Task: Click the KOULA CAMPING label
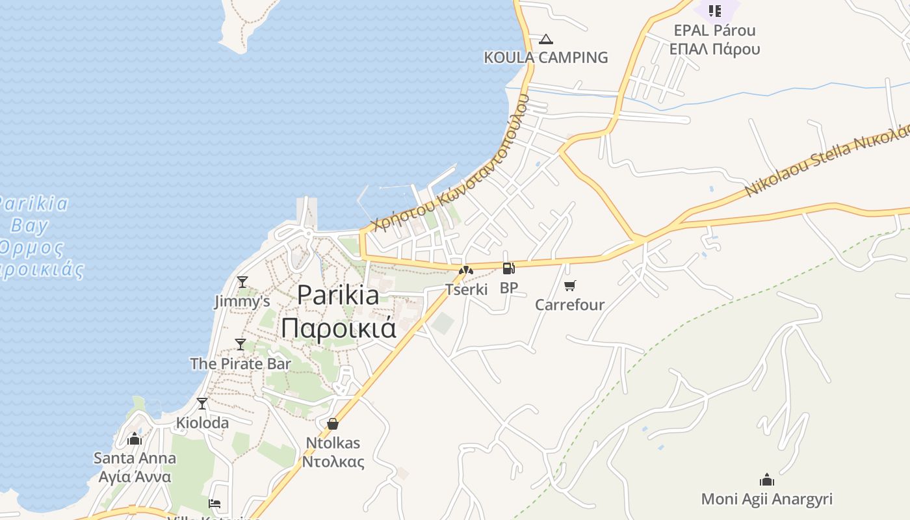(x=545, y=57)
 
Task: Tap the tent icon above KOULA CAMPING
(x=545, y=40)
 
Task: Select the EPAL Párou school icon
(x=715, y=10)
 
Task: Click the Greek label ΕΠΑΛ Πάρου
(x=714, y=49)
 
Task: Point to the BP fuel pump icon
(x=508, y=268)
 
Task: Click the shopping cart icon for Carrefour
(x=570, y=285)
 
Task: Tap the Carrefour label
(x=569, y=304)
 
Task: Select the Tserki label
(x=466, y=289)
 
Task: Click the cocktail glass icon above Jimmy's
(x=242, y=282)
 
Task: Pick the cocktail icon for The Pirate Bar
(x=240, y=344)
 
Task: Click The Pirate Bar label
(x=240, y=363)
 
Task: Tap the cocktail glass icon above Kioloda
(x=202, y=404)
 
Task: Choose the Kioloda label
(x=202, y=422)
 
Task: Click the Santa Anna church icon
(x=135, y=439)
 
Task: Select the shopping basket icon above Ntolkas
(x=333, y=424)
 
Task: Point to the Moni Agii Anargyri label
(x=766, y=499)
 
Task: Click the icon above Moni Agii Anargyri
(x=767, y=480)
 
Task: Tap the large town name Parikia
(x=338, y=295)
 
